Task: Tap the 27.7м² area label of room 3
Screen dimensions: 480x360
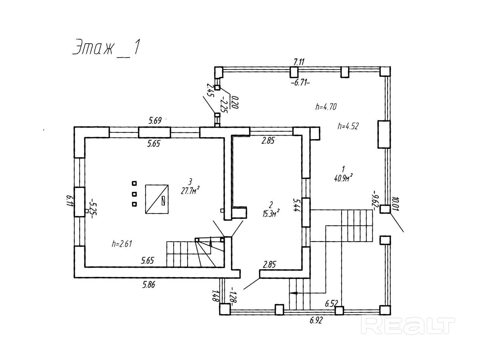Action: click(x=190, y=190)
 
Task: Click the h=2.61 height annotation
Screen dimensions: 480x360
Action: click(x=122, y=244)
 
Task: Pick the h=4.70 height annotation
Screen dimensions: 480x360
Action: click(x=326, y=107)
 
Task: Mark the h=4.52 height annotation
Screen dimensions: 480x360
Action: click(x=348, y=126)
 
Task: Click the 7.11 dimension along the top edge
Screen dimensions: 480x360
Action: click(x=299, y=62)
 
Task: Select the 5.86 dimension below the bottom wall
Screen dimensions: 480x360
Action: click(x=149, y=284)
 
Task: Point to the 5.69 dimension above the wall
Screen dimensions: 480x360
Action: click(x=155, y=121)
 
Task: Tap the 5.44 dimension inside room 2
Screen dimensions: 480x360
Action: click(x=296, y=205)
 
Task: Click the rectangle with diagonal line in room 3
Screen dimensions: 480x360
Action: click(x=157, y=199)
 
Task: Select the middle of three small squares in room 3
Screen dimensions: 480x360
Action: click(x=134, y=194)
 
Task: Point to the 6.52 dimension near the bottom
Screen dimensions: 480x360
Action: click(x=331, y=303)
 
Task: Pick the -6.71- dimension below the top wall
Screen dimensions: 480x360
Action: click(x=300, y=83)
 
